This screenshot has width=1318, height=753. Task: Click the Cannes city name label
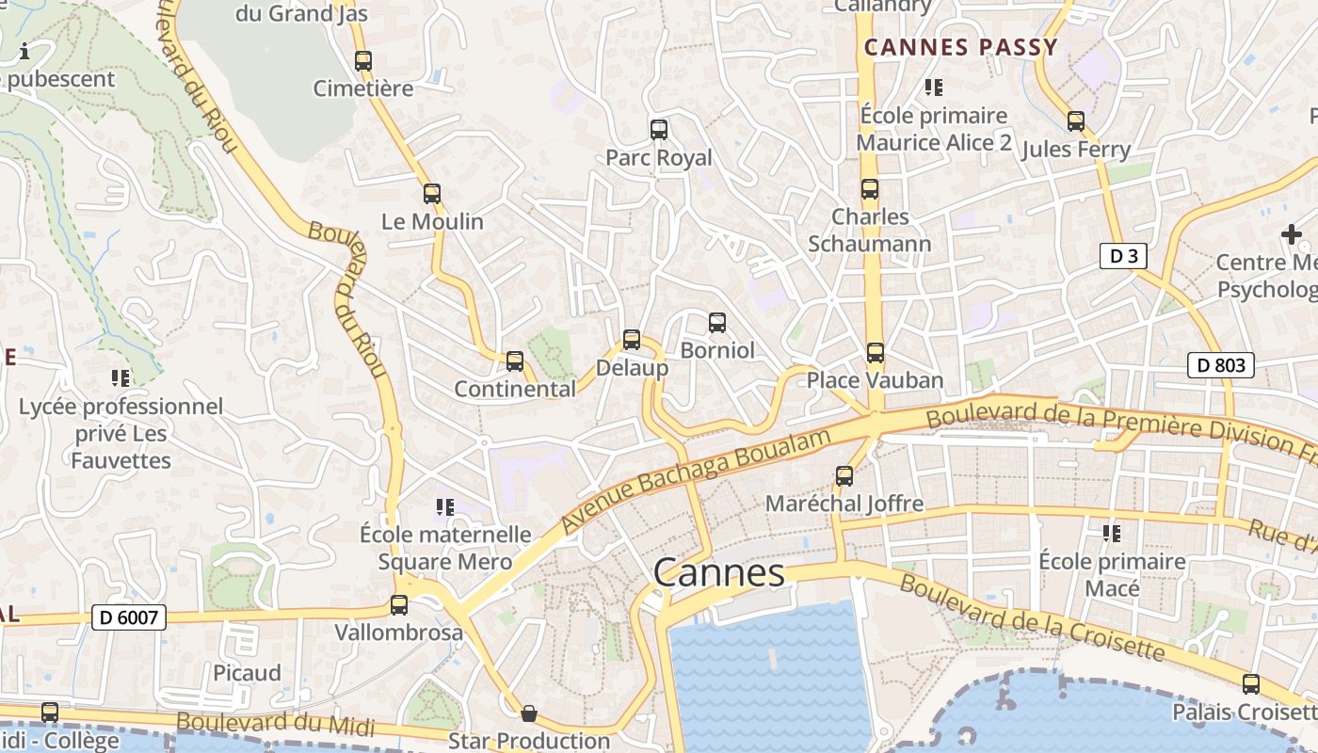[719, 572]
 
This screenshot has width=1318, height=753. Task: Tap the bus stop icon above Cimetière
[363, 61]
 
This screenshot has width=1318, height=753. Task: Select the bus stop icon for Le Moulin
[432, 194]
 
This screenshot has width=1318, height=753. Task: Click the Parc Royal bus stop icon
[659, 130]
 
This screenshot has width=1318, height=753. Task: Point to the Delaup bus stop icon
[632, 340]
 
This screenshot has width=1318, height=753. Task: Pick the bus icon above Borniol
[717, 323]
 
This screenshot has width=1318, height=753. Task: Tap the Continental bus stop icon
[515, 361]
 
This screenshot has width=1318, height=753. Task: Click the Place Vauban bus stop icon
[876, 353]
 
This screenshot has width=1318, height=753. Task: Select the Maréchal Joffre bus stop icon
[844, 476]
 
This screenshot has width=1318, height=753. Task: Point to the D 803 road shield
[1221, 365]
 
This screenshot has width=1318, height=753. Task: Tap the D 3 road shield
[1123, 256]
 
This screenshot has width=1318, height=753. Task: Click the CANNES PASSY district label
[961, 47]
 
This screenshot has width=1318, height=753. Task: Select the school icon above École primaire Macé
[1112, 534]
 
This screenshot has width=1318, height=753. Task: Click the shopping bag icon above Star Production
[529, 713]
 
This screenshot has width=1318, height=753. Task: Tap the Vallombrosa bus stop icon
[399, 605]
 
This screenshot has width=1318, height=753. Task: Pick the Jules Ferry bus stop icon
[1076, 121]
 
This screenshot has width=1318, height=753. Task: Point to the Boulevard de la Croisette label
[1032, 618]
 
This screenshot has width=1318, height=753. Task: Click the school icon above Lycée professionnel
[121, 378]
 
